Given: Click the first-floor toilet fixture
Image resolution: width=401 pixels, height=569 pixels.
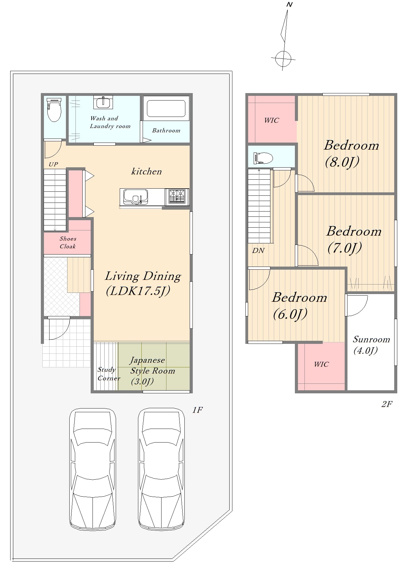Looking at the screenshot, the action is [x=54, y=109].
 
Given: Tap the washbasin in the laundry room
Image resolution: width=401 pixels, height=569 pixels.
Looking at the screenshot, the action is [x=103, y=102].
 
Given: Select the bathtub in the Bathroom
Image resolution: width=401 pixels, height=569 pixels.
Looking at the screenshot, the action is [x=166, y=109].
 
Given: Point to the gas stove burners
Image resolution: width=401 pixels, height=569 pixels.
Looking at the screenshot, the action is [x=177, y=197].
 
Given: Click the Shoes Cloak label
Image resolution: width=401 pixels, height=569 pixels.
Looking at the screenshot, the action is [x=68, y=242].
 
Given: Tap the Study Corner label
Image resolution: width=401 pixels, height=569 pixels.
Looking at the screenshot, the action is [x=109, y=374].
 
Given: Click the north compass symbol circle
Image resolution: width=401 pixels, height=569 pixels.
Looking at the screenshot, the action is [x=283, y=58].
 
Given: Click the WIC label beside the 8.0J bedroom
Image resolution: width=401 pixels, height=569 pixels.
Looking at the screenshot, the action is [x=271, y=120].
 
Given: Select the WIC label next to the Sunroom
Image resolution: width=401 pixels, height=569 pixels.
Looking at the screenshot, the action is [x=321, y=364].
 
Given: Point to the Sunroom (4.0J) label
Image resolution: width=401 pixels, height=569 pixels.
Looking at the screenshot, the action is [x=371, y=345].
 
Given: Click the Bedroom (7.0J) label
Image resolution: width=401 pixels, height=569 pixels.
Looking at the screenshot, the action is [x=354, y=239].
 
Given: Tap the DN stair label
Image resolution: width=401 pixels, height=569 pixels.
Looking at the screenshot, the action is [x=258, y=250].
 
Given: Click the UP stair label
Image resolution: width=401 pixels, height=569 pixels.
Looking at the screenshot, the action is [x=53, y=164].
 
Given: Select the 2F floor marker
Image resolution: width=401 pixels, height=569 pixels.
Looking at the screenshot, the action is [x=387, y=404].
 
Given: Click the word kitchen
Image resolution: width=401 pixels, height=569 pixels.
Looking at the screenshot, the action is [x=146, y=171].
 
